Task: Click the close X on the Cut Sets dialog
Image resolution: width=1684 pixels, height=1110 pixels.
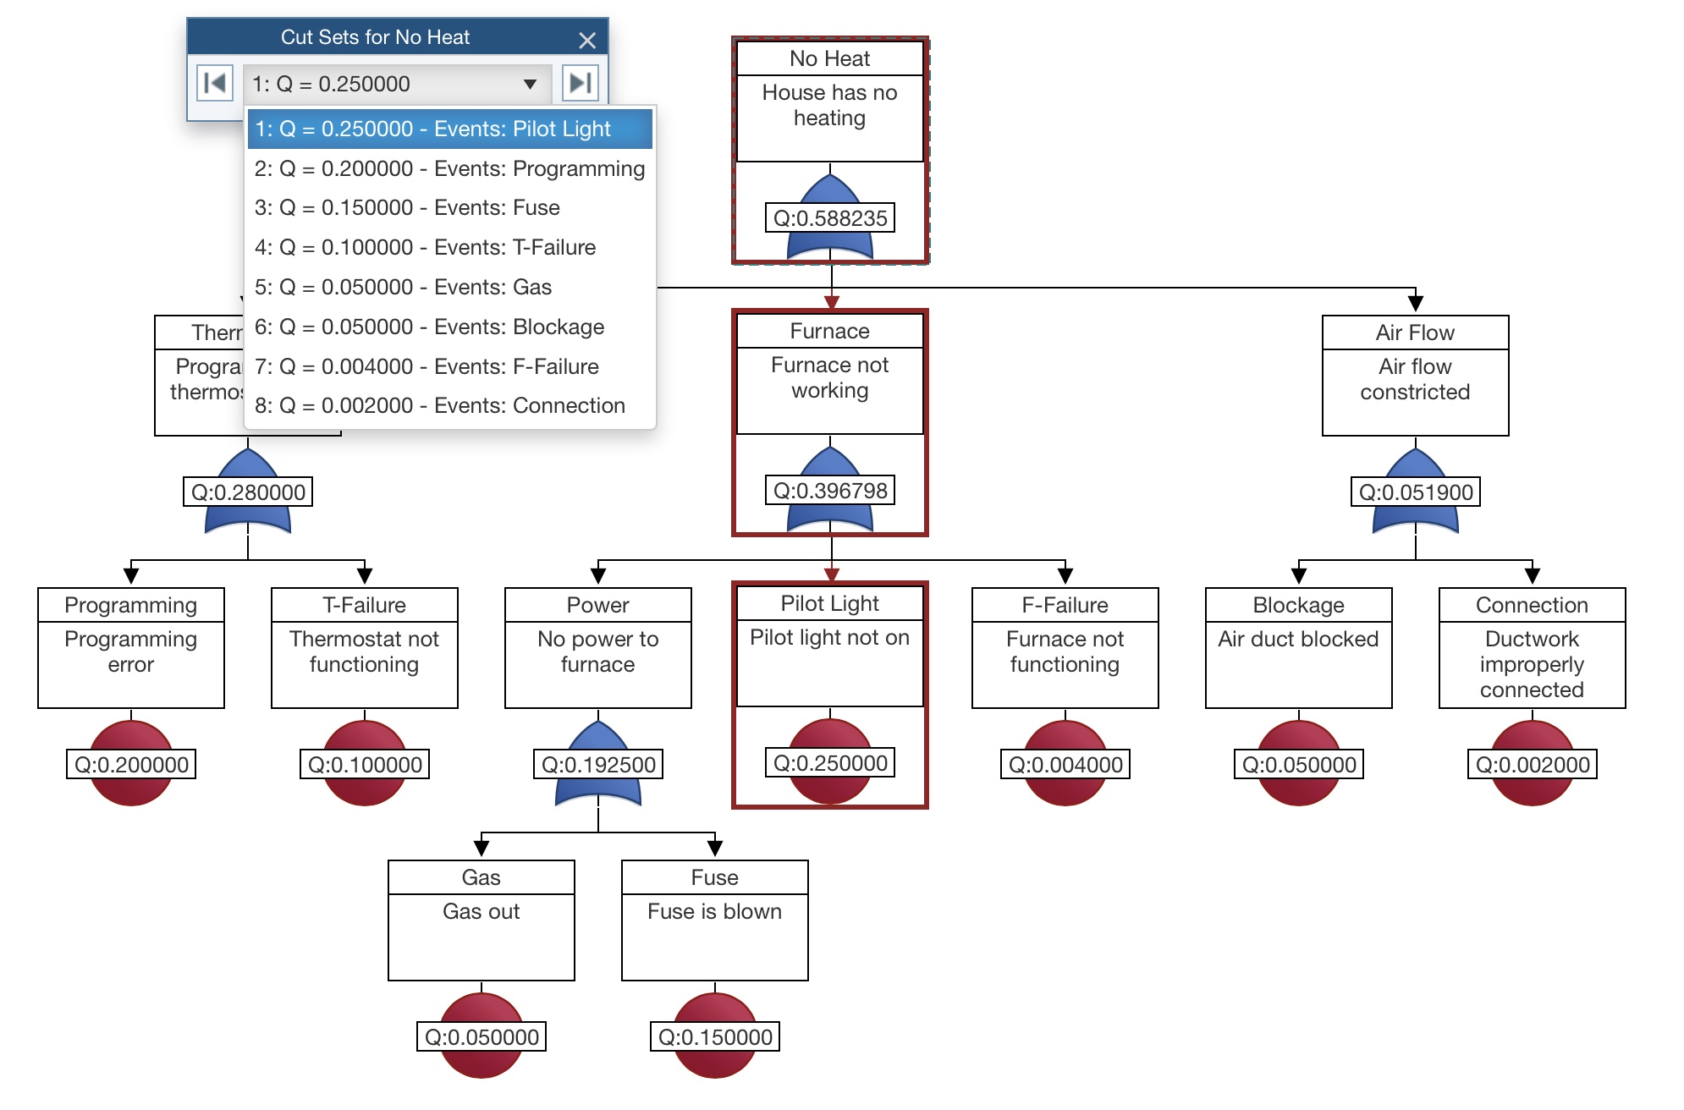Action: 587,40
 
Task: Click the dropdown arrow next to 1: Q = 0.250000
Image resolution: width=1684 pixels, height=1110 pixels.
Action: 530,84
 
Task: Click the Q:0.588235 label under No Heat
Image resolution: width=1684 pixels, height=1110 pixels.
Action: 830,218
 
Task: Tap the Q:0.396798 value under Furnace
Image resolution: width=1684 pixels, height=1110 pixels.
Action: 830,491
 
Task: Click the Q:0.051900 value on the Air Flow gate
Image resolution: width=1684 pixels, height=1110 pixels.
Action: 1415,492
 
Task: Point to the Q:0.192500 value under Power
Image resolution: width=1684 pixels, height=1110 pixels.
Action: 598,765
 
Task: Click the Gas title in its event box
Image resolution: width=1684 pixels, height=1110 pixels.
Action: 481,877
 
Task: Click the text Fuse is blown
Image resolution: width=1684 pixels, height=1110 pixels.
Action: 714,911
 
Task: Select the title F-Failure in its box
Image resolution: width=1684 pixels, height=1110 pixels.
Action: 1065,605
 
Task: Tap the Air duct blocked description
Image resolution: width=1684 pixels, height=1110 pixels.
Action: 1298,639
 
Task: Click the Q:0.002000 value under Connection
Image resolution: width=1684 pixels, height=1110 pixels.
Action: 1532,765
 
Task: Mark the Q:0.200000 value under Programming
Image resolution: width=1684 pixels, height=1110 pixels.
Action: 131,765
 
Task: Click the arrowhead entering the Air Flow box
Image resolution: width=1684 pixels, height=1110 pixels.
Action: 1415,303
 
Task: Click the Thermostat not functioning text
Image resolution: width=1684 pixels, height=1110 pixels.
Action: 364,651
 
